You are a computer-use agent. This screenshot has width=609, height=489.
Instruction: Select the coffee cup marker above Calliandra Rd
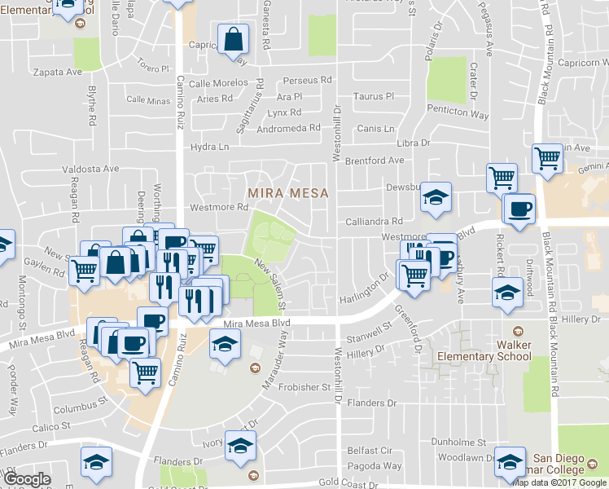519,209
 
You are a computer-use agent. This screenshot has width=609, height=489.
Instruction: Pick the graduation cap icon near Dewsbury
436,197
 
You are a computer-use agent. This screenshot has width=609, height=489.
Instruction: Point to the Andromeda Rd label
290,128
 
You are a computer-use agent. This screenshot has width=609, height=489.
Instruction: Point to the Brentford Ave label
374,161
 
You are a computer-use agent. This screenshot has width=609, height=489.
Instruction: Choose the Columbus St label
81,403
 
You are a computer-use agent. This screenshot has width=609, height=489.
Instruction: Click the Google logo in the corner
27,479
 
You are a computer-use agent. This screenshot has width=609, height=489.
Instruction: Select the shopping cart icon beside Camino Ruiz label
145,372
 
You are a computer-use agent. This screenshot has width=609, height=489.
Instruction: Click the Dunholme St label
458,442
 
